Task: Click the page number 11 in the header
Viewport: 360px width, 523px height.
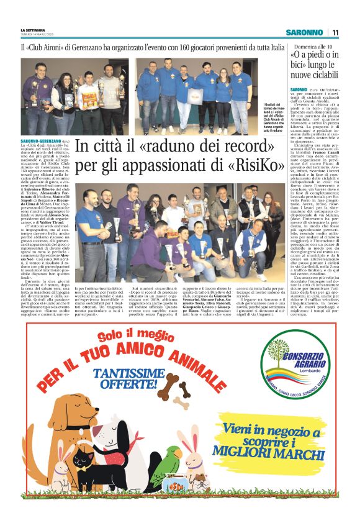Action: (x=335, y=32)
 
